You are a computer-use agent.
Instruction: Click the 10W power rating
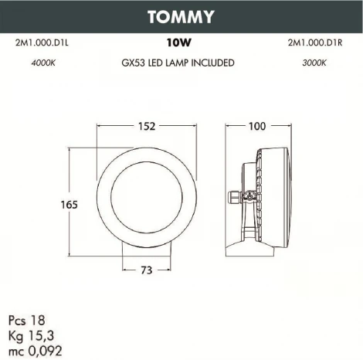click(x=179, y=44)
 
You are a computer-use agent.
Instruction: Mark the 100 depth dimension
click(x=257, y=126)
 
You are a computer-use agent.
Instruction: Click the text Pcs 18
click(x=25, y=319)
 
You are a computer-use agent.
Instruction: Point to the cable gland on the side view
click(x=232, y=198)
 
